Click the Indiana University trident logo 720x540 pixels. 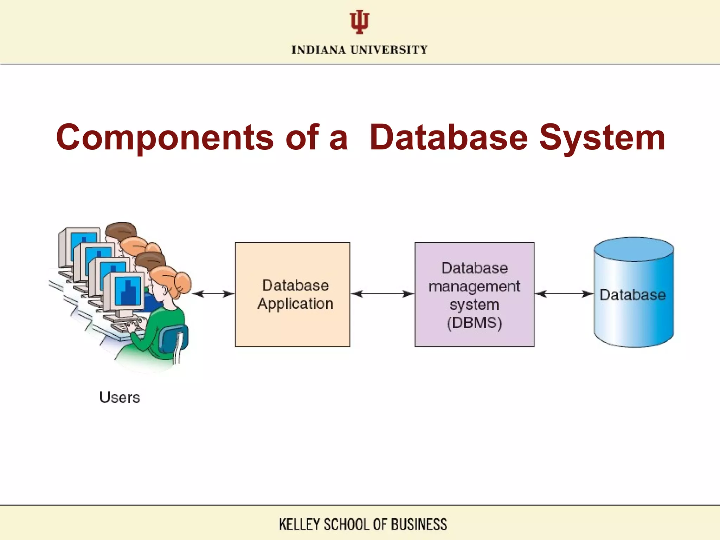[359, 22]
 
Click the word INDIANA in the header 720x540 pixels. [319, 50]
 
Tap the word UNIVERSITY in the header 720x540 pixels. [389, 50]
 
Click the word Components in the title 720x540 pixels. [164, 138]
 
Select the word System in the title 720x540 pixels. [602, 138]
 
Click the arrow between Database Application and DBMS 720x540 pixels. [382, 294]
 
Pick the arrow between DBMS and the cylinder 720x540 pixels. [564, 294]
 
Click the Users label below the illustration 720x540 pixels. [120, 398]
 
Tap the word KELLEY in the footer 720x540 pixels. [299, 524]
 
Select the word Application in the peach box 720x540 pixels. [295, 304]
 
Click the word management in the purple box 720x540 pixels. [474, 286]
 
